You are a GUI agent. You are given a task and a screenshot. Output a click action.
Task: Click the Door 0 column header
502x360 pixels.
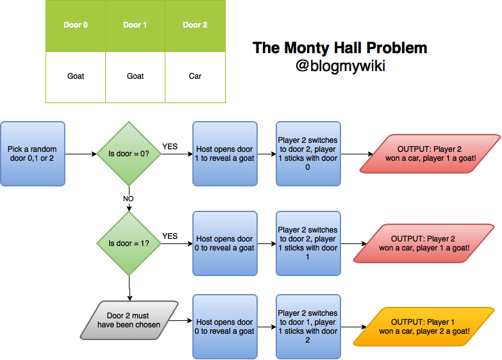tap(76, 26)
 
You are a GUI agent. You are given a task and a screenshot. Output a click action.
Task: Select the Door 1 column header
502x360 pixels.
tap(135, 26)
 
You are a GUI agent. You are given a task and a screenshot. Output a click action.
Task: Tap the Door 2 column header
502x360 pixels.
tap(195, 26)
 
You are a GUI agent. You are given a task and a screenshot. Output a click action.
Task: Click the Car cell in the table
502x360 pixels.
tap(195, 76)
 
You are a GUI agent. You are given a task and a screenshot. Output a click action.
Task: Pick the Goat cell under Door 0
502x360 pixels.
tap(76, 76)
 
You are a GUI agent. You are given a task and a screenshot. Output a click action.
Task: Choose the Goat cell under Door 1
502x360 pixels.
tap(135, 76)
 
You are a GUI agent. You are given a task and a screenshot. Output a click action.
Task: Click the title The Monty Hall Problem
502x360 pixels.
tap(340, 48)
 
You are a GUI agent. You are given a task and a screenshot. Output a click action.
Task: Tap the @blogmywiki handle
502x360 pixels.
tap(340, 65)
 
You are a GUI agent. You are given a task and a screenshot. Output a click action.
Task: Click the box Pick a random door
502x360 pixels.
tap(33, 154)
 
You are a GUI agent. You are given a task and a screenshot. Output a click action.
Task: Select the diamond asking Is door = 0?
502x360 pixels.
tap(129, 154)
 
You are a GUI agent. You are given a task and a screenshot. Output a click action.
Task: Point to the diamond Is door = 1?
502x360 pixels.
tap(129, 243)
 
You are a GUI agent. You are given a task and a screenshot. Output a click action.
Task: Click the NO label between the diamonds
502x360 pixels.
tap(129, 199)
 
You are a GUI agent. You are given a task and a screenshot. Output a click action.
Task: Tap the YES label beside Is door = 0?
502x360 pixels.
tap(170, 147)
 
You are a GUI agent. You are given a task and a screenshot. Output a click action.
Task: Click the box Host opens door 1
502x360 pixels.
tap(225, 154)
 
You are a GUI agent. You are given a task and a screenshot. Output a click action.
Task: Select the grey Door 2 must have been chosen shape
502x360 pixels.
tap(129, 320)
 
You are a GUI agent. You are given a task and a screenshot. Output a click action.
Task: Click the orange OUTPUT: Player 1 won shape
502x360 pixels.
tap(424, 327)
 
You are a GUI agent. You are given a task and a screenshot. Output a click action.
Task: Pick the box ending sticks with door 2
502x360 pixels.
tap(307, 327)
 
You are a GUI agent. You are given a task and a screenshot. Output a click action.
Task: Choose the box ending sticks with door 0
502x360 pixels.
tap(307, 154)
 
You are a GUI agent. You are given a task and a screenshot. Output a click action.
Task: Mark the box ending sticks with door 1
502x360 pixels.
tap(307, 243)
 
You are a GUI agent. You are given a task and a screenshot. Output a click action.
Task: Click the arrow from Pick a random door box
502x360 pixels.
tap(80, 154)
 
